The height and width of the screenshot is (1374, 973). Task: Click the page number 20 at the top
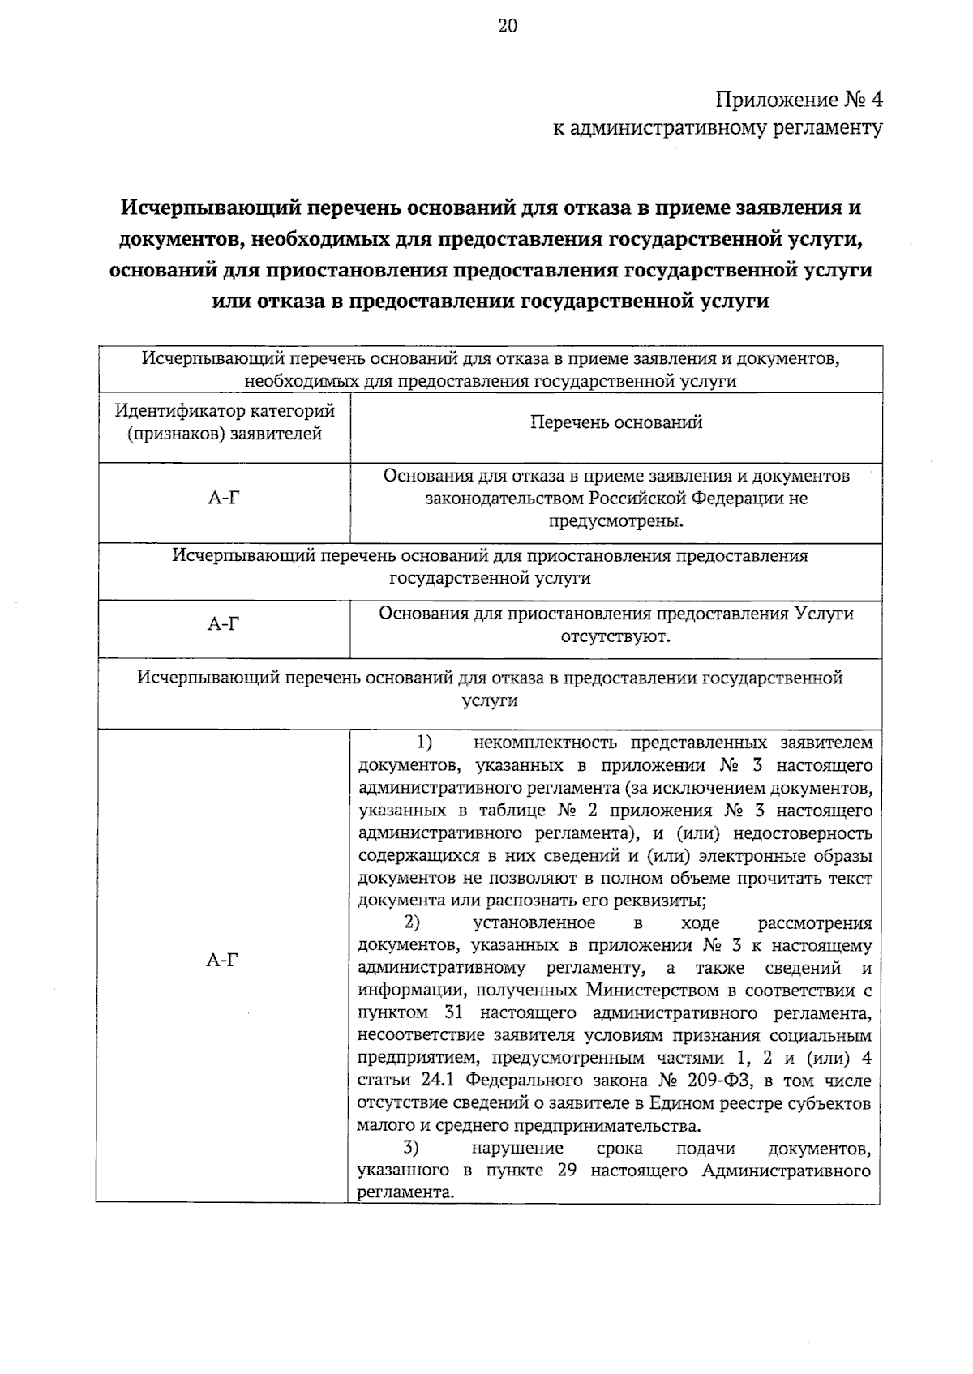tap(506, 27)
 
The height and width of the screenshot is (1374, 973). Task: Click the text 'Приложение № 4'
tap(799, 101)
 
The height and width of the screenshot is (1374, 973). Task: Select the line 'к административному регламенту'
tap(718, 127)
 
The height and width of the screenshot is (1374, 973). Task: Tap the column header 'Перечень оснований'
tap(616, 422)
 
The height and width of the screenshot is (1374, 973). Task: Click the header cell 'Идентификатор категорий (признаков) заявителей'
tap(225, 422)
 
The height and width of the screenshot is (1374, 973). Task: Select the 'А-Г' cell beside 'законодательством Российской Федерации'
tap(224, 499)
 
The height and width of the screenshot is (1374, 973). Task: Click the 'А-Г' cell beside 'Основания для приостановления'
tap(224, 623)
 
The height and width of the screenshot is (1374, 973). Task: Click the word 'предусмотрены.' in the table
tap(616, 520)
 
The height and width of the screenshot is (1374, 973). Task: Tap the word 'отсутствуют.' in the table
tap(616, 636)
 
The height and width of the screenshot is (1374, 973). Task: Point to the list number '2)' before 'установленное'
tap(412, 923)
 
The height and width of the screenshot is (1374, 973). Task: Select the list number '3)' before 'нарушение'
tap(412, 1149)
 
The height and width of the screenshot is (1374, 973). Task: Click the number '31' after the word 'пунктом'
tap(455, 1013)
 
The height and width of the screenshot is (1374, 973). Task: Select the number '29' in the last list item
tap(567, 1171)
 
